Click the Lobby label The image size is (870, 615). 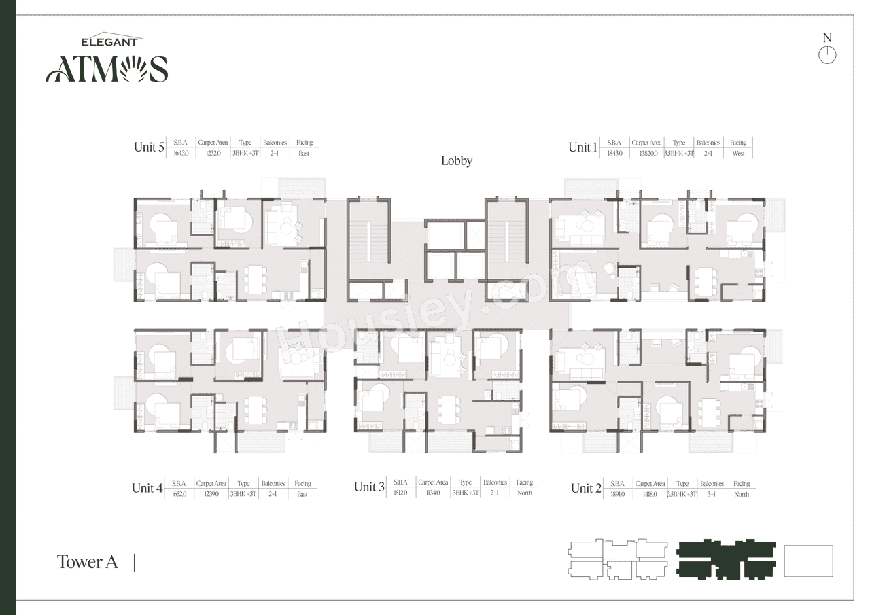click(456, 161)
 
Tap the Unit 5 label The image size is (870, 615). click(149, 147)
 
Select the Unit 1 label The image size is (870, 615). click(582, 147)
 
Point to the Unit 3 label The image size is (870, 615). click(369, 487)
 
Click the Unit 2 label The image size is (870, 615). click(586, 488)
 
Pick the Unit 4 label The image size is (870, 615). click(147, 488)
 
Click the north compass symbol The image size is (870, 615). click(827, 55)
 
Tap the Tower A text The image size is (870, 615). click(87, 562)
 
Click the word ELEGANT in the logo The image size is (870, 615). click(110, 42)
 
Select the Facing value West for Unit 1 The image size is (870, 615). click(738, 154)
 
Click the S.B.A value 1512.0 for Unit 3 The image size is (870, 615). click(400, 493)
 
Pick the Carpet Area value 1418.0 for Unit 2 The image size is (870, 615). click(650, 495)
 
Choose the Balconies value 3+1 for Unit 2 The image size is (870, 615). click(712, 495)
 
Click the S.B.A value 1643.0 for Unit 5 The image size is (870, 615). click(181, 154)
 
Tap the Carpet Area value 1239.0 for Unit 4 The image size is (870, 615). click(211, 495)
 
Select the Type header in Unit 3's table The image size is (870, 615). click(465, 482)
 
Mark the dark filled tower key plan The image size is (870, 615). click(727, 560)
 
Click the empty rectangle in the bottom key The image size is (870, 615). click(808, 561)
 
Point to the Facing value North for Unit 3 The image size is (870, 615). click(524, 493)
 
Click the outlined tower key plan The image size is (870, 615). click(619, 560)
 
